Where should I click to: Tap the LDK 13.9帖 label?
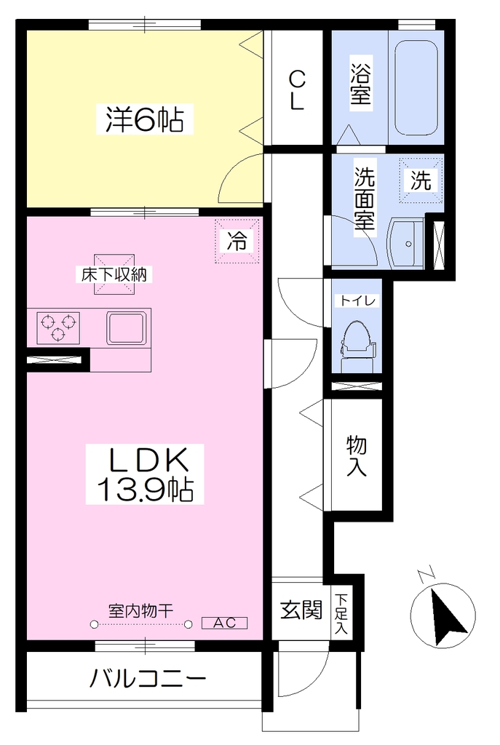[x=145, y=474]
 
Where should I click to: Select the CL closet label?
[x=296, y=90]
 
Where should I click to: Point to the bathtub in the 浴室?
[x=416, y=87]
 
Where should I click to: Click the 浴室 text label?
[x=361, y=84]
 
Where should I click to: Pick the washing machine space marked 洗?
[x=421, y=180]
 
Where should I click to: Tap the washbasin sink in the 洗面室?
[x=405, y=244]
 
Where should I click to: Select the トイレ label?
[x=357, y=300]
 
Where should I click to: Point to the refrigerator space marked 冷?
[x=237, y=241]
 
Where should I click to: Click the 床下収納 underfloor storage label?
[x=114, y=274]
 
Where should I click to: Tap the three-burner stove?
[x=58, y=328]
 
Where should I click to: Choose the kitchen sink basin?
[x=125, y=328]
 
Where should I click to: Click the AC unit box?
[x=224, y=623]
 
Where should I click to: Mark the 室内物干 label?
[x=140, y=610]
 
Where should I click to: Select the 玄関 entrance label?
[x=301, y=610]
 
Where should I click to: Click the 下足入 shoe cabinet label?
[x=341, y=613]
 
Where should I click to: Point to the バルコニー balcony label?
[x=148, y=678]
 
